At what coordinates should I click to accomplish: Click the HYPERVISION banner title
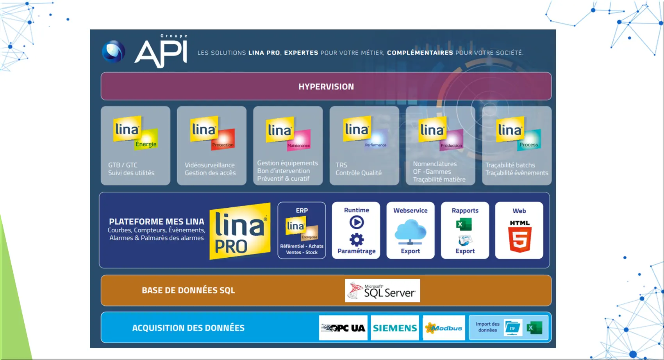point(326,87)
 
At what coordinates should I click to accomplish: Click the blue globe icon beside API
point(114,52)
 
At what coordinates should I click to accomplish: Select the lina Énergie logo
point(135,133)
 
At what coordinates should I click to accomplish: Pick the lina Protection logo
point(212,133)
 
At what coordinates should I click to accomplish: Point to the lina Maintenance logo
point(288,134)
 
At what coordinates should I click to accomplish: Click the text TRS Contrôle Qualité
point(358,169)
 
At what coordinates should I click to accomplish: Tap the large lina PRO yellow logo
point(240,231)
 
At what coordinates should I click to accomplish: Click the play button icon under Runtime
point(356,223)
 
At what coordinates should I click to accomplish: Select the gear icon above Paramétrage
point(356,239)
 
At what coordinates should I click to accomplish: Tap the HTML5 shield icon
point(519,237)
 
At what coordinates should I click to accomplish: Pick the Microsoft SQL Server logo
point(382,290)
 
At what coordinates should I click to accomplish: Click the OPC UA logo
point(343,328)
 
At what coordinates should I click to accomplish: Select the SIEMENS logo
point(394,328)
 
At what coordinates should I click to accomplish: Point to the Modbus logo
point(444,328)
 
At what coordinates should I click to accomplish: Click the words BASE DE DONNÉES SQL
point(188,290)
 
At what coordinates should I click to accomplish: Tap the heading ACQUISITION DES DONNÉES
point(188,328)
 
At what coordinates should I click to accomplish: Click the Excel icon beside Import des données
point(534,328)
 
